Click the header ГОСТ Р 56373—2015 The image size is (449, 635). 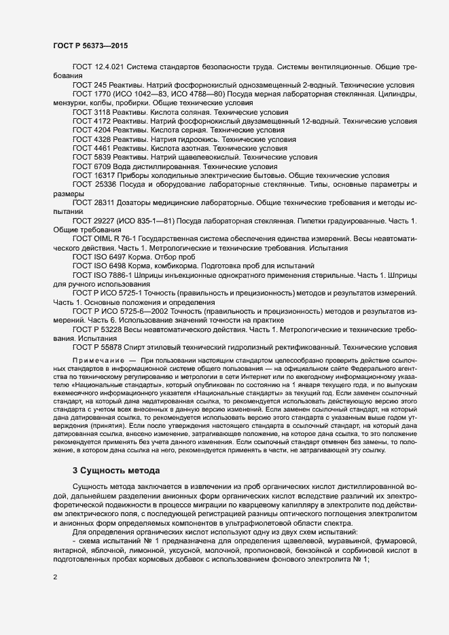coord(90,46)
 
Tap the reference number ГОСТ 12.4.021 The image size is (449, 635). coord(98,68)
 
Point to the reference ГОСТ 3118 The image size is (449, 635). coord(89,112)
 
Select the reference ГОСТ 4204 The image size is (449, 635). coord(89,130)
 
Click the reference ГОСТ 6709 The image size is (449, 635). coord(89,165)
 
